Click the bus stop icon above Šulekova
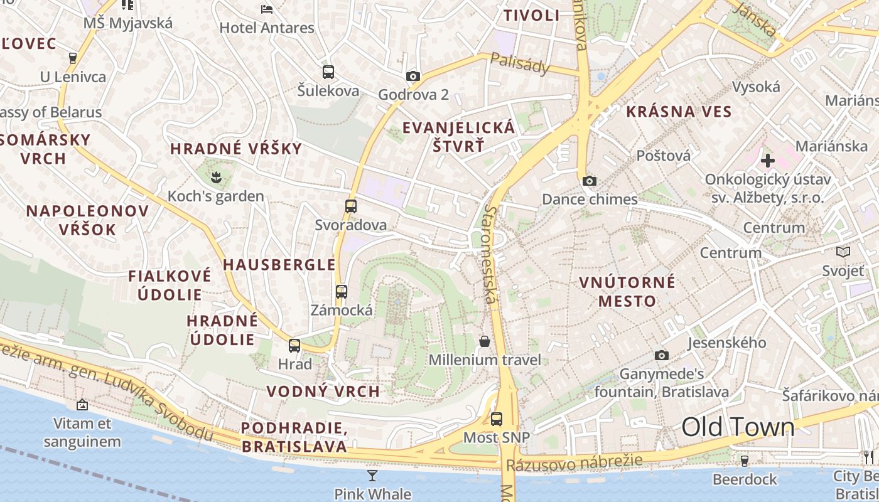coord(328,72)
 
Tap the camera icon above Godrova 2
coord(413,76)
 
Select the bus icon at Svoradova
coord(351,206)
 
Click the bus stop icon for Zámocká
coord(341,291)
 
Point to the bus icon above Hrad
coord(294,345)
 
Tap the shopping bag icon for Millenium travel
coord(485,341)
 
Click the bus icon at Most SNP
coord(497,419)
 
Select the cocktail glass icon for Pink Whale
coord(372,475)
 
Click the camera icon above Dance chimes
coord(589,181)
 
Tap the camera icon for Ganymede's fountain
coord(661,355)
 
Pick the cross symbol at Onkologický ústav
coord(767,161)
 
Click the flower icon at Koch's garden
coord(216,178)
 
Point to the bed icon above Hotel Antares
coord(267,9)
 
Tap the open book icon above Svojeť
coord(843,252)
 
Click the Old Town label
coord(738,427)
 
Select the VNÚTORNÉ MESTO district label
coord(627,291)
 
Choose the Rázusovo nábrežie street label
coord(574,463)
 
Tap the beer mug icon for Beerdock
coord(745,461)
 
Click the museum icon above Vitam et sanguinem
coord(82,405)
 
